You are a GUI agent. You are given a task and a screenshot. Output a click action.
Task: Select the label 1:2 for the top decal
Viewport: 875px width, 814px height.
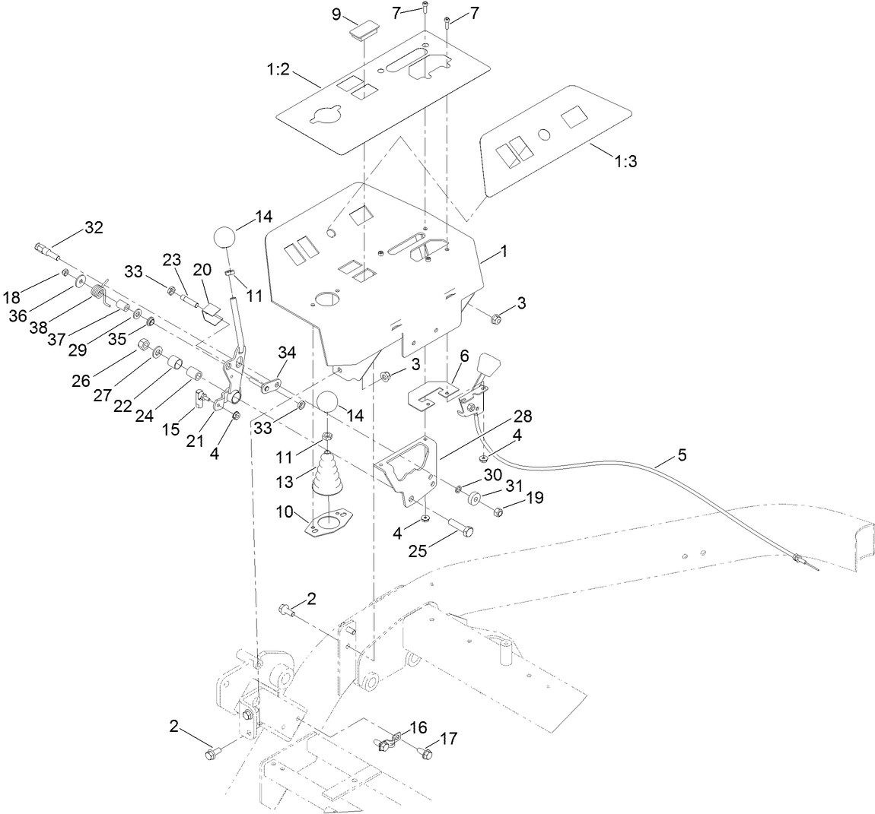coord(278,69)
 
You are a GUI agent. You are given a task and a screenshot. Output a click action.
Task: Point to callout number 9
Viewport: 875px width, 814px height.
coord(336,17)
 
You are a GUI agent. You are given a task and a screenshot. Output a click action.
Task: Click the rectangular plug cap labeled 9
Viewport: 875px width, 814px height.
coord(363,32)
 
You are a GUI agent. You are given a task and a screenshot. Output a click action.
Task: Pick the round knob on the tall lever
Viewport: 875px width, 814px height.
coord(226,236)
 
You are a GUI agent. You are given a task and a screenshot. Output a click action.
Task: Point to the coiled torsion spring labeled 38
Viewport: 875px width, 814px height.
coord(98,290)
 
